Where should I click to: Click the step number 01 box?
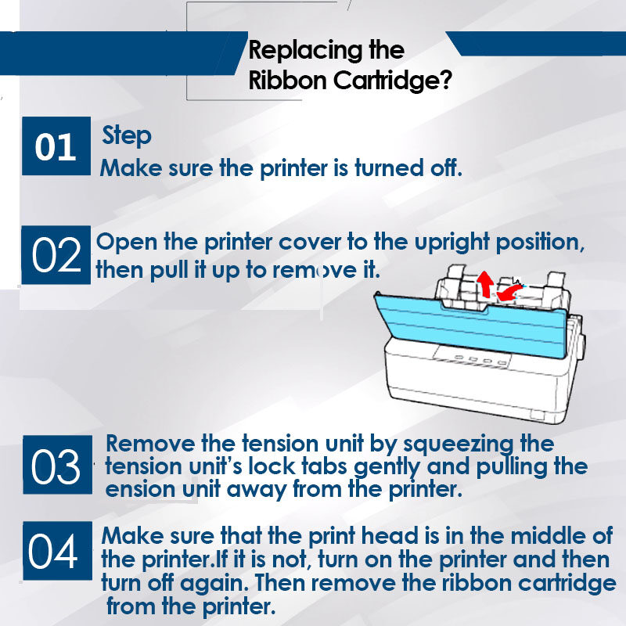56,146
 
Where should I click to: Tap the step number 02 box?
56,255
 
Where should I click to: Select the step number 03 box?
57,465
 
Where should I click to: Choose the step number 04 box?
57,551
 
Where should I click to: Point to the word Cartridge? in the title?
393,80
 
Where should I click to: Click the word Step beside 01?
127,135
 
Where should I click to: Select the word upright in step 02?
452,243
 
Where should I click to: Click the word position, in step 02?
540,243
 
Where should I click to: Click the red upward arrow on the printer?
485,284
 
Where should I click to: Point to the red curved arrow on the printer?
508,293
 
